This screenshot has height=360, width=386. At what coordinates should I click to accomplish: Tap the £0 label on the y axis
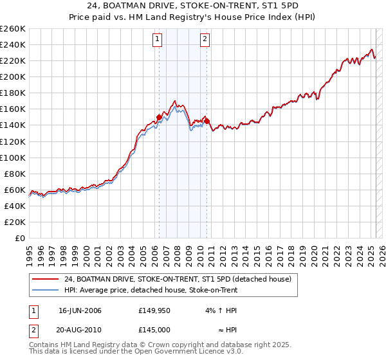click(21, 238)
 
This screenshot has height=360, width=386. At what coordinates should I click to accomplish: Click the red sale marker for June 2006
click(159, 117)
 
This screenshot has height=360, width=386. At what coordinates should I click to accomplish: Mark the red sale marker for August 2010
click(207, 121)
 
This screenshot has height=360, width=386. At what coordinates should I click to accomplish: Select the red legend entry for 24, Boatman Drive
click(178, 279)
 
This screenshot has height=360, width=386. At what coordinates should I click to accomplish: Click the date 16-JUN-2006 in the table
click(80, 310)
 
